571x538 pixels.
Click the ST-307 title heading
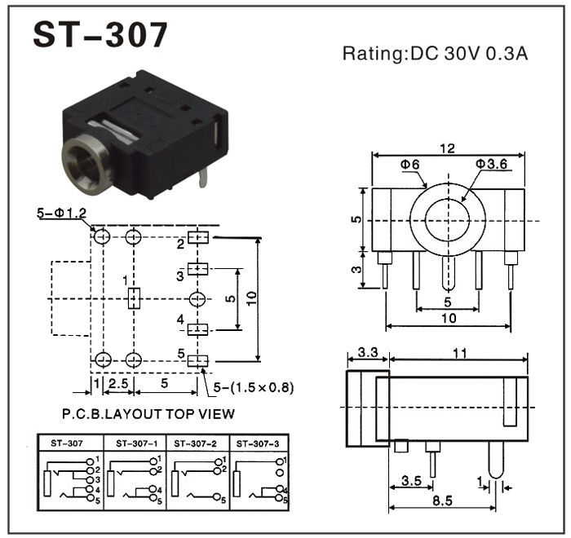click(100, 35)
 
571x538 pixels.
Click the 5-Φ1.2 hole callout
click(62, 214)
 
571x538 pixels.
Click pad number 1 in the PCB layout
click(135, 298)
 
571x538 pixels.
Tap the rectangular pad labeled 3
click(199, 269)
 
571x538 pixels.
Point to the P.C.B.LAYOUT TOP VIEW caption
click(148, 413)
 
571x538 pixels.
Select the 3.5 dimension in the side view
click(412, 481)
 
